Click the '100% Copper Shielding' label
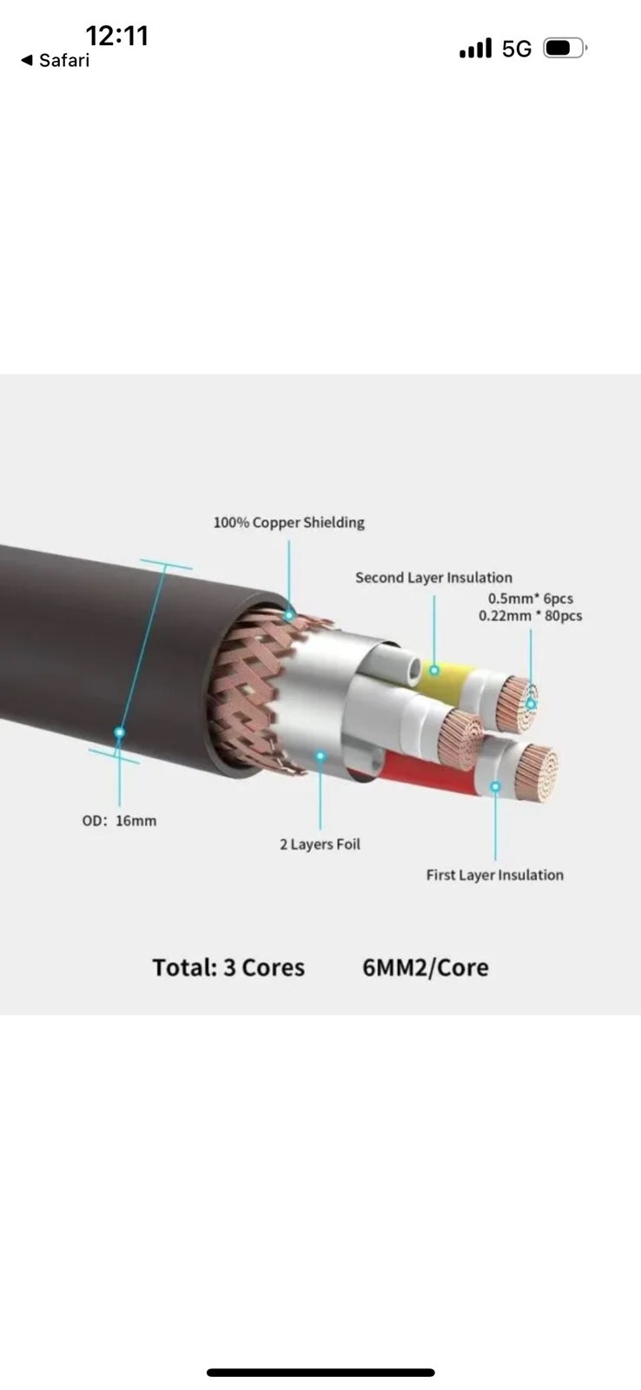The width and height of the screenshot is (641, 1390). coord(288,522)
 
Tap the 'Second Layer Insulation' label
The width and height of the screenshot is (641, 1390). coord(433,578)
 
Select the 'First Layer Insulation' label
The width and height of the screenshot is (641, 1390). coord(494,875)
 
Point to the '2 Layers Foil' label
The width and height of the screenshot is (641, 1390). coord(320,844)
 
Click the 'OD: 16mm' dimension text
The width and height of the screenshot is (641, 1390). coord(119,820)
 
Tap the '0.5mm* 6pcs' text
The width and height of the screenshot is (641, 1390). coord(530,599)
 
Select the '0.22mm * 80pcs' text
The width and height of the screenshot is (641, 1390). coord(530,616)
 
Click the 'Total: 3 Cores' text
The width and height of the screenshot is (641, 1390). coord(228,968)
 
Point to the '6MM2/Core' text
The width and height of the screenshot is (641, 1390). coord(425,968)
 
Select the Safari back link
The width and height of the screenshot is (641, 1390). coord(55,60)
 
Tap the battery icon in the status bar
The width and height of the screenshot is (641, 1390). coord(565,48)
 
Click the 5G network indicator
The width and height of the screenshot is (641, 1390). coord(517,49)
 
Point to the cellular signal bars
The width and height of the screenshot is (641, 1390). coord(475,49)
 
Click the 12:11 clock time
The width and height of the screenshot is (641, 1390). coord(117,36)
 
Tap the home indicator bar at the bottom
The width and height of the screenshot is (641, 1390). coord(320,1373)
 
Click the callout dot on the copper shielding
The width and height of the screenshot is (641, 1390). coord(289,614)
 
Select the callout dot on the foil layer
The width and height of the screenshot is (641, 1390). coord(320,756)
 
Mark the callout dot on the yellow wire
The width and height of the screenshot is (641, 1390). coord(434,670)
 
